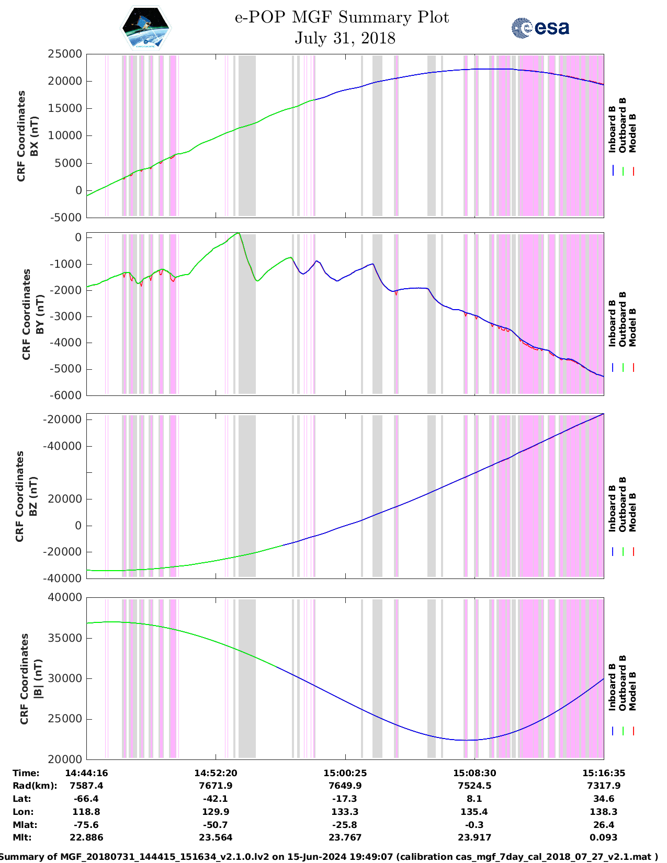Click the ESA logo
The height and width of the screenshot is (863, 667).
pyautogui.click(x=540, y=28)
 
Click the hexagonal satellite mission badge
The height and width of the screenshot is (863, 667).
pyautogui.click(x=146, y=28)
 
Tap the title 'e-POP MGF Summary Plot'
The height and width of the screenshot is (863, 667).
pyautogui.click(x=342, y=17)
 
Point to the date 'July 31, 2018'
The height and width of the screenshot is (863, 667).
pyautogui.click(x=345, y=38)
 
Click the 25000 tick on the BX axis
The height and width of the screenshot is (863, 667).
pyautogui.click(x=65, y=54)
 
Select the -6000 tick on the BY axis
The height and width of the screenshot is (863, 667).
pyautogui.click(x=66, y=395)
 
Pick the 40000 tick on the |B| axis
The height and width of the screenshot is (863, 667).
pyautogui.click(x=65, y=597)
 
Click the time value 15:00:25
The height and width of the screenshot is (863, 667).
pyautogui.click(x=345, y=773)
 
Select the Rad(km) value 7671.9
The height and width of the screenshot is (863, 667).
pyautogui.click(x=216, y=786)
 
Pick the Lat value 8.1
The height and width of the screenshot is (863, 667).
pyautogui.click(x=474, y=799)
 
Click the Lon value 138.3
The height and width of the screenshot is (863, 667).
pyautogui.click(x=604, y=812)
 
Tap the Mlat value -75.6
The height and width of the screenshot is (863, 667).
pyautogui.click(x=86, y=825)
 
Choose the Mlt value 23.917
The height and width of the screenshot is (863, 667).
pyautogui.click(x=474, y=837)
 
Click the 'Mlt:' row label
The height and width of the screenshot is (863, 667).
pyautogui.click(x=22, y=837)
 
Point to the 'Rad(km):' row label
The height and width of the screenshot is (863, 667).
pyautogui.click(x=35, y=786)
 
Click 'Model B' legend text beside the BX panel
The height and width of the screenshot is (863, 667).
pyautogui.click(x=632, y=133)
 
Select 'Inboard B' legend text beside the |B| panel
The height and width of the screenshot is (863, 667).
pyautogui.click(x=612, y=687)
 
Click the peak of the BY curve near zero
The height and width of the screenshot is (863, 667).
pyautogui.click(x=238, y=233)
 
